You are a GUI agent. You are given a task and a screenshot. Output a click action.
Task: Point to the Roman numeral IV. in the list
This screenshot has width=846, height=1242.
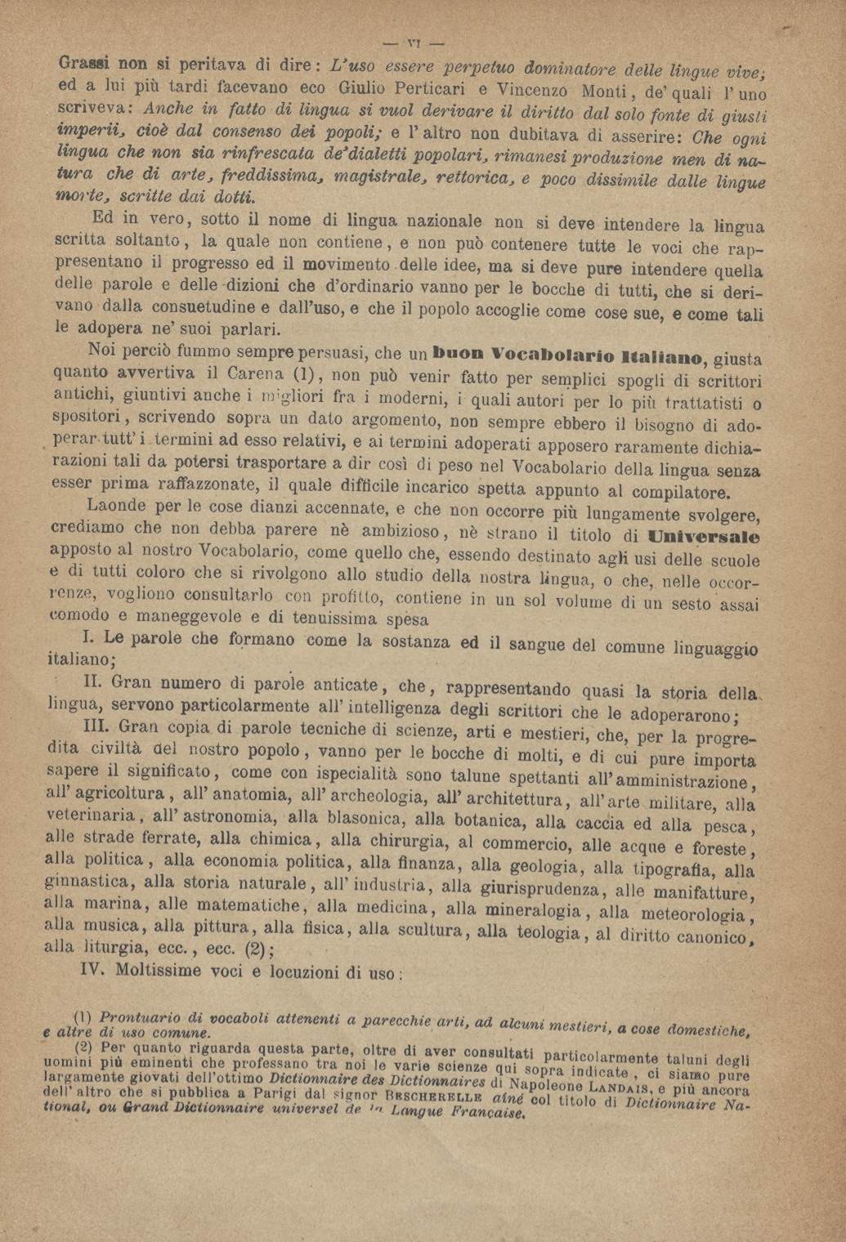click(95, 970)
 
